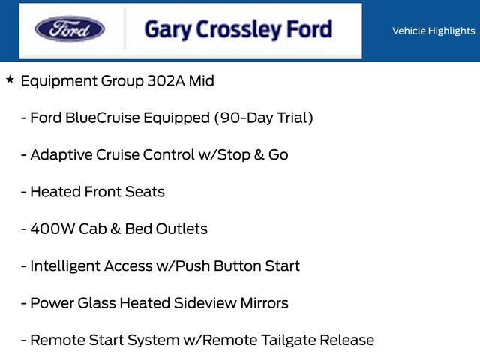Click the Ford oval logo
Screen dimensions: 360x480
(70, 29)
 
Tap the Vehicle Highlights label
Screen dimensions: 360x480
(433, 31)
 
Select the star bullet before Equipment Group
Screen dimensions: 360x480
(10, 79)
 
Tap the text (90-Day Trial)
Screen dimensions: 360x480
(264, 118)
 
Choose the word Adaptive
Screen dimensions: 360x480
(61, 154)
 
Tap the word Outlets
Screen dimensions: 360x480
(181, 229)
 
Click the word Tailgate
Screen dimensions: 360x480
(286, 340)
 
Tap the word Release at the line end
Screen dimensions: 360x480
(346, 340)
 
